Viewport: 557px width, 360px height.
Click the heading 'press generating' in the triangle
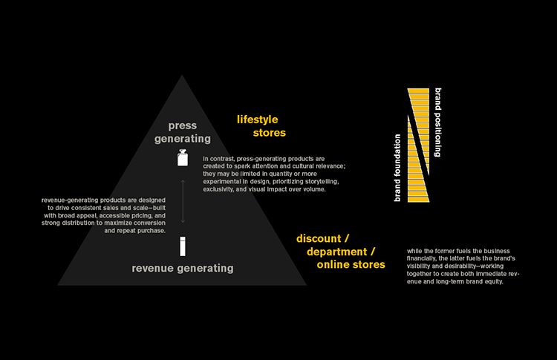click(182, 131)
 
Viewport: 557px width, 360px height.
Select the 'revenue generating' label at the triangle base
click(183, 268)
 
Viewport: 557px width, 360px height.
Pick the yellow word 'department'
click(338, 252)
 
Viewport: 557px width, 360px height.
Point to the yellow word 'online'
click(333, 264)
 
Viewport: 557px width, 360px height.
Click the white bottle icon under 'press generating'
click(182, 157)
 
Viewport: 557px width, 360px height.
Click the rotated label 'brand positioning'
click(439, 122)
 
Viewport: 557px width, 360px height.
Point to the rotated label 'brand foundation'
click(398, 168)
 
